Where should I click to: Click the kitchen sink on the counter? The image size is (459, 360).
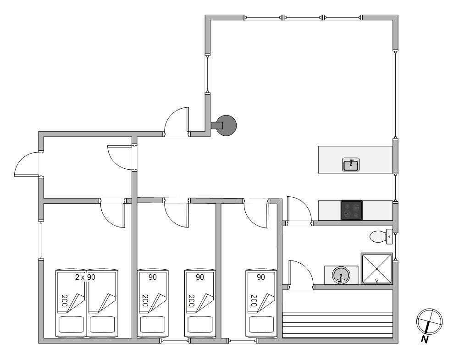[x=351, y=165]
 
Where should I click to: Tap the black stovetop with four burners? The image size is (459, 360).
[x=352, y=210]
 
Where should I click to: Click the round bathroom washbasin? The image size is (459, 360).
[x=341, y=275]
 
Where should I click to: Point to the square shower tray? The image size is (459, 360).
[x=376, y=268]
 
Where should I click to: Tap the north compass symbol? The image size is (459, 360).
[x=429, y=321]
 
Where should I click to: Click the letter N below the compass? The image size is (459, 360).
[x=424, y=339]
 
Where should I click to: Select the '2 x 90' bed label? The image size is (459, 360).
[x=85, y=277]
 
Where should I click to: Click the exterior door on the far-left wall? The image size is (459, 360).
[x=26, y=164]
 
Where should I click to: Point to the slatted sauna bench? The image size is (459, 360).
[x=337, y=325]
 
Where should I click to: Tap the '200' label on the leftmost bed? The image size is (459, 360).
[x=64, y=300]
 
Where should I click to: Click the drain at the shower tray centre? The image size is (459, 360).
[x=376, y=268]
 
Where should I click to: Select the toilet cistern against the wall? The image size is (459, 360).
[x=389, y=237]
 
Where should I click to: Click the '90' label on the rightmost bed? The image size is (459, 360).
[x=261, y=277]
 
